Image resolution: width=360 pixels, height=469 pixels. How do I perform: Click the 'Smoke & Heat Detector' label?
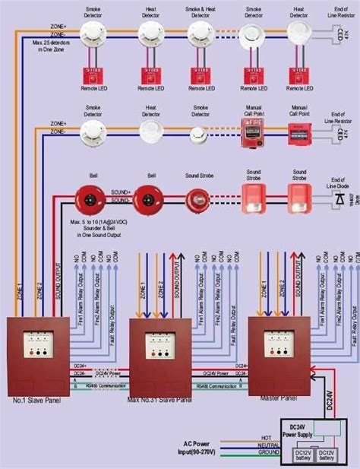click(x=200, y=12)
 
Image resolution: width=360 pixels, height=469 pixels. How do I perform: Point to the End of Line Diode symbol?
click(x=338, y=200)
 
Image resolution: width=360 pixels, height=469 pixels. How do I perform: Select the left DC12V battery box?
click(x=304, y=455)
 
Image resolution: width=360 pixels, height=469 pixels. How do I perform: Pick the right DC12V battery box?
click(x=327, y=455)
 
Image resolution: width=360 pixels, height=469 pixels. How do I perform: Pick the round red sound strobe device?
click(x=200, y=200)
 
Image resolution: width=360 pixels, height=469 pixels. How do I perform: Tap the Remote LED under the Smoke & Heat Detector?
click(x=200, y=75)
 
